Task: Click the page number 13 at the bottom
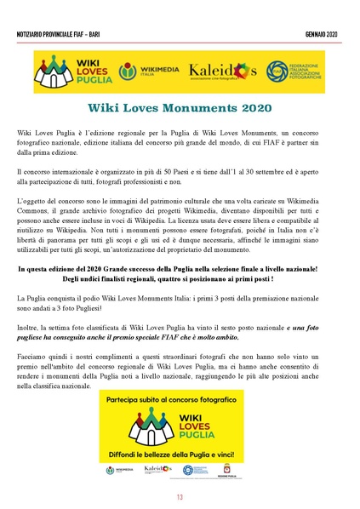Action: [180, 497]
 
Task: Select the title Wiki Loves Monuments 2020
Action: [180, 108]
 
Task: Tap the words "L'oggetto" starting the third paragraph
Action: [33, 198]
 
